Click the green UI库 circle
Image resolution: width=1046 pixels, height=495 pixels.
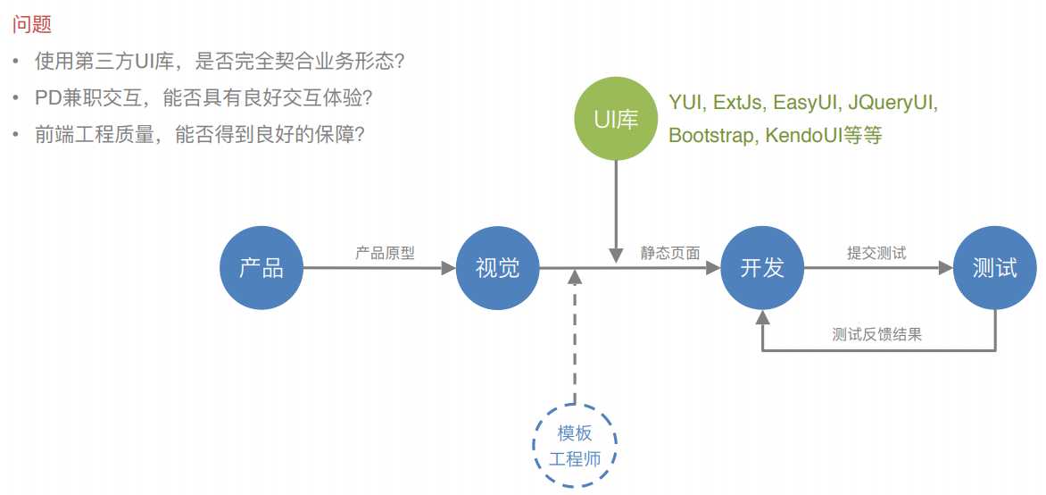click(616, 119)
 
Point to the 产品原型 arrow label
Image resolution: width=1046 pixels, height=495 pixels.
click(386, 253)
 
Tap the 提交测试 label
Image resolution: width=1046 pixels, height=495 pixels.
click(876, 253)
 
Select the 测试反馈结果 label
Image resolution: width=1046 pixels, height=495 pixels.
click(876, 335)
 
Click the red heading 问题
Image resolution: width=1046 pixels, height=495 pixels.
click(31, 25)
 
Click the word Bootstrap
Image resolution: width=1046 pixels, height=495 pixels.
click(712, 137)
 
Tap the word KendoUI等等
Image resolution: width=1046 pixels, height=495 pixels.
click(824, 137)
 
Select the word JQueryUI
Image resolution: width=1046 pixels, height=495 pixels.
click(892, 102)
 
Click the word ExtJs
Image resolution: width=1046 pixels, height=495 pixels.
click(741, 102)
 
